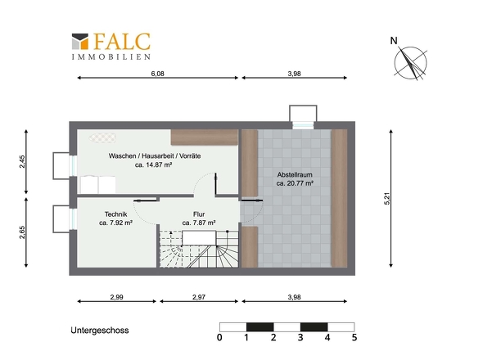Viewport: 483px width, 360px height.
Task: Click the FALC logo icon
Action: click(80, 41)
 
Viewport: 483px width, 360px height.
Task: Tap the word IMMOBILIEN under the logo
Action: click(111, 57)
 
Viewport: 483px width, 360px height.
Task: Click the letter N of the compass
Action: click(394, 41)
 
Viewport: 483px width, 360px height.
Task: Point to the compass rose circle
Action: click(411, 63)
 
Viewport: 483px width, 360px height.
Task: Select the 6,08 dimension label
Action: click(157, 74)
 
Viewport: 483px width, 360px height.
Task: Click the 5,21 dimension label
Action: click(387, 199)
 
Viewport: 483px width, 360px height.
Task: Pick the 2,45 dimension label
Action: click(22, 161)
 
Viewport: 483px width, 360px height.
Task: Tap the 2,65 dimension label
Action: click(22, 232)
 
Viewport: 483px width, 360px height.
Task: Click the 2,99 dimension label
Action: click(117, 297)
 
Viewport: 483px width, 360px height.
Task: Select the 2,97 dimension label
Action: click(199, 297)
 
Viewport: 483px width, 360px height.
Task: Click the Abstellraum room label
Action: click(295, 174)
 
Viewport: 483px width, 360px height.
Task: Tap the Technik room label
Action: click(115, 214)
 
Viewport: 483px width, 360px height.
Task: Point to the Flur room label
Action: click(199, 214)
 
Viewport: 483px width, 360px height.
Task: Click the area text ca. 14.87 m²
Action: click(153, 164)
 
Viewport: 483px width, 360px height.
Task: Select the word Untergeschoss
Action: click(100, 331)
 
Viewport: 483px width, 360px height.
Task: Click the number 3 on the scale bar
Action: click(300, 338)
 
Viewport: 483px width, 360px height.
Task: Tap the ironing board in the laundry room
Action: click(103, 138)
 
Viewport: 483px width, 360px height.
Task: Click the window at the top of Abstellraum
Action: click(303, 125)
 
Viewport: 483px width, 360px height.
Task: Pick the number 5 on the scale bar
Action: click(354, 338)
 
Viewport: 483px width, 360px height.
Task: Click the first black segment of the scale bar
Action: click(260, 327)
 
